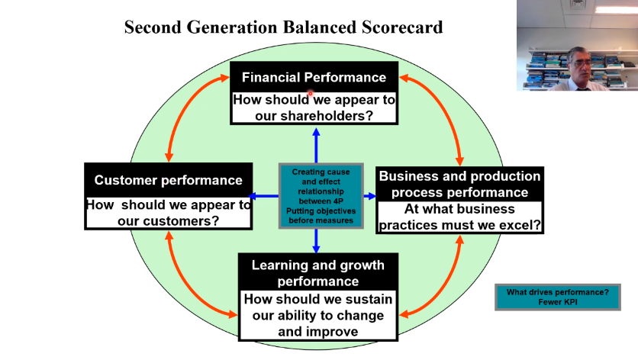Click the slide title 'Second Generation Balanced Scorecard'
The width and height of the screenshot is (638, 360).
coord(284,27)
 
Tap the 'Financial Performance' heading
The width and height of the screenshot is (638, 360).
coord(314,77)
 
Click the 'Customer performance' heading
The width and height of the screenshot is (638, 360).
coord(168,180)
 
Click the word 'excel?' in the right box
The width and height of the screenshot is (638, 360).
coord(520,225)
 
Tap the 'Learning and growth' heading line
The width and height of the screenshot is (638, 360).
coord(317,265)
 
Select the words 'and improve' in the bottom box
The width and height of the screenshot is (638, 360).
coord(317,332)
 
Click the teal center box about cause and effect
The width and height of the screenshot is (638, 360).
coord(321,196)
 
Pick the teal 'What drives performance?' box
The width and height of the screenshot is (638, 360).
coord(557,297)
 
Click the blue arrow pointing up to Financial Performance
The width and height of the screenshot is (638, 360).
coord(316,146)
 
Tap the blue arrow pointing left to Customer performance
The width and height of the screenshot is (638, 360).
coord(263,196)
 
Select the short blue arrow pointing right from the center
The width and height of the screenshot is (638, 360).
coord(369,196)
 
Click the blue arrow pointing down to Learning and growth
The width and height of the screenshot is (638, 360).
coord(316,240)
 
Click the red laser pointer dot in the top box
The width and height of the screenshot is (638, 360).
coord(310,94)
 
